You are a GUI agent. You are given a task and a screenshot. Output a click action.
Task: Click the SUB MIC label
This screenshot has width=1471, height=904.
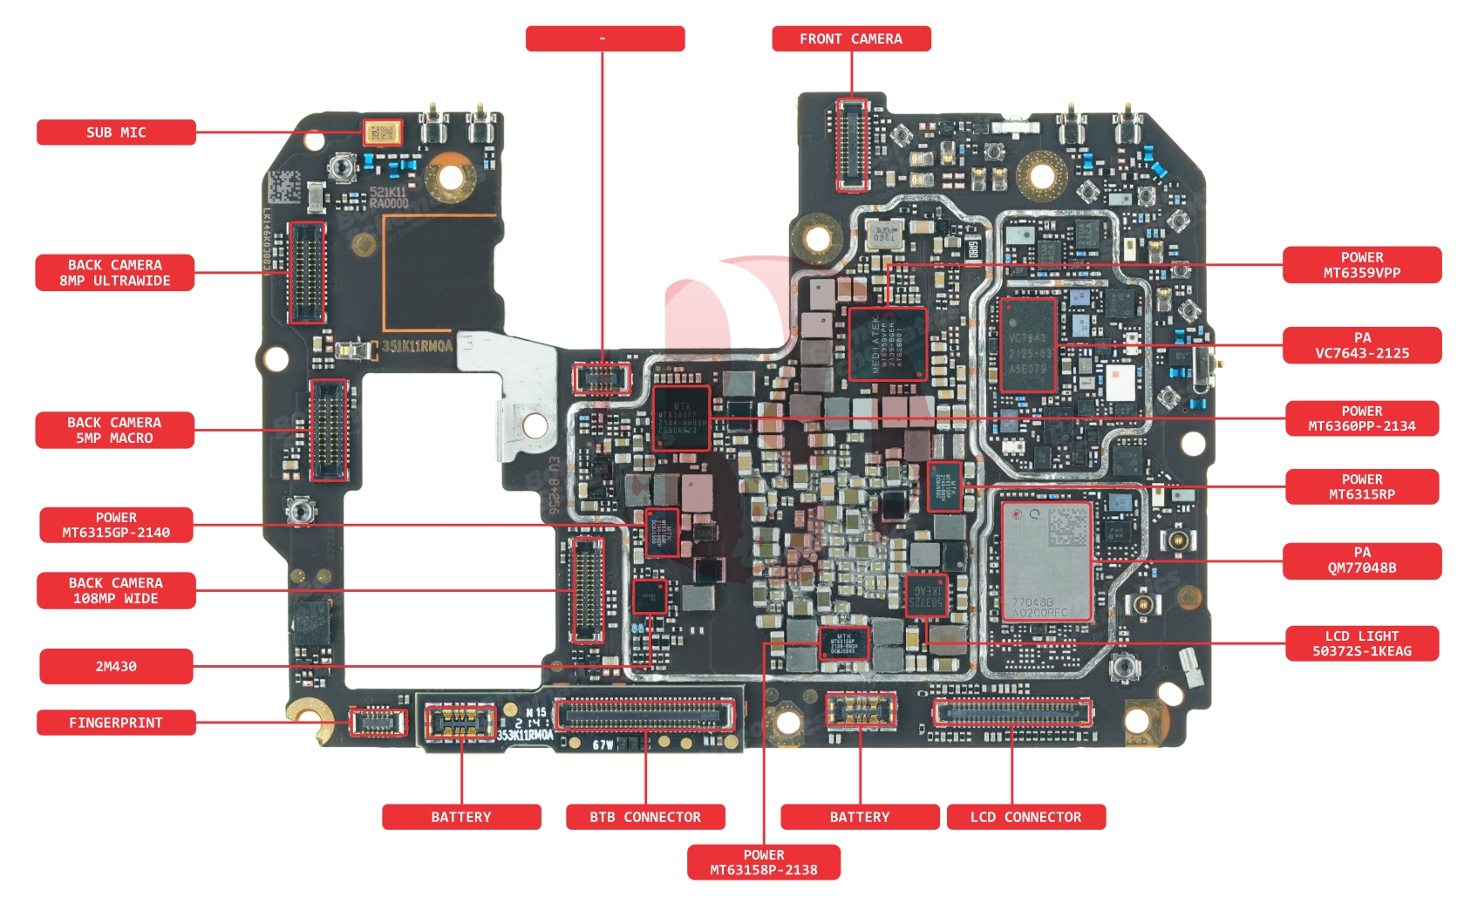[116, 133]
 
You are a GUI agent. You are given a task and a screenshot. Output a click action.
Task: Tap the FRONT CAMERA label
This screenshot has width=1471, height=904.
[851, 39]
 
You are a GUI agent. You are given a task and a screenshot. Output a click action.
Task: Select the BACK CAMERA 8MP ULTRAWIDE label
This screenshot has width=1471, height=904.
[115, 273]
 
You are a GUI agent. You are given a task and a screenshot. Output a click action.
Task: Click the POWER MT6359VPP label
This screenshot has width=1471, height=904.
[1361, 265]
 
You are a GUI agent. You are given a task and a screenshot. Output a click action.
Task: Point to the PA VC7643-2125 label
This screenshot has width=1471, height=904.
[1361, 345]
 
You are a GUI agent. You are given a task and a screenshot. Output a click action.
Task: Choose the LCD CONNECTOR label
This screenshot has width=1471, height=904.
[1025, 817]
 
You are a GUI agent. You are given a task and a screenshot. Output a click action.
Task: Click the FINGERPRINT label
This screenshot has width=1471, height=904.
[116, 723]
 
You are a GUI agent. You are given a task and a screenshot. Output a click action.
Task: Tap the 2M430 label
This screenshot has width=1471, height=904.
[116, 666]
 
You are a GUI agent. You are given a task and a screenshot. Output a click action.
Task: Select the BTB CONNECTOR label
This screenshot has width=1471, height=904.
[645, 817]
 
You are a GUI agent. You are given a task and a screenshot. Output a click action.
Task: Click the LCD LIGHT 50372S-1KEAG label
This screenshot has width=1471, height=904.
[1361, 643]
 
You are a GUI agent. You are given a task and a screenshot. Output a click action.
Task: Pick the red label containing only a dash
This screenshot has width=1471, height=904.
[604, 39]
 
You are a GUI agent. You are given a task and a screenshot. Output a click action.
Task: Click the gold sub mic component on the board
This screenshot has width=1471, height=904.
[382, 133]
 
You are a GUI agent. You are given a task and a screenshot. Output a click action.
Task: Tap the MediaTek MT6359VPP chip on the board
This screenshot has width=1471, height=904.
[887, 343]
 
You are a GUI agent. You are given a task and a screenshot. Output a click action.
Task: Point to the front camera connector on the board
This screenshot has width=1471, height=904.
[851, 145]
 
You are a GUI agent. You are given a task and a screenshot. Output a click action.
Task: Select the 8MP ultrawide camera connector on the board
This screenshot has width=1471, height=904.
[307, 272]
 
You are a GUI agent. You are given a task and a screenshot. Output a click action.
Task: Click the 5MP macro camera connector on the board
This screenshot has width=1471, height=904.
[330, 430]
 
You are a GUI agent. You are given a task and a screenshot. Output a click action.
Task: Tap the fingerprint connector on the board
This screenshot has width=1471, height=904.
[378, 721]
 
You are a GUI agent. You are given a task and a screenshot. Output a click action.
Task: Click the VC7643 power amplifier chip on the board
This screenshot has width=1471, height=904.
[1029, 345]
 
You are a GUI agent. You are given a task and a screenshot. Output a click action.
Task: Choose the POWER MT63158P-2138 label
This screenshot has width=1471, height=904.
[764, 862]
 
